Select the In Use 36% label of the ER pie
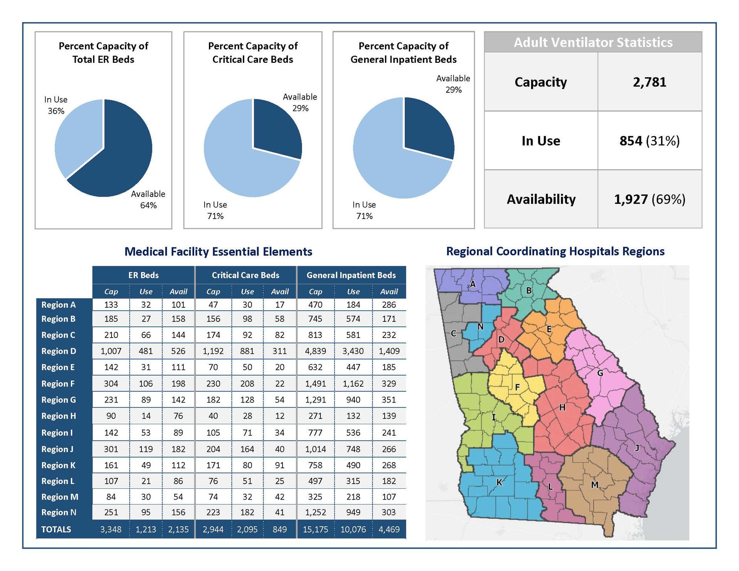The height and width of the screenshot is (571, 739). pos(56,105)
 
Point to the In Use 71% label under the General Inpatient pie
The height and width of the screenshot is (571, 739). pos(364,210)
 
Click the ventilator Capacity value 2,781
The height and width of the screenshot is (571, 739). pos(649,82)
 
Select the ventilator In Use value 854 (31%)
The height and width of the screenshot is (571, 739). pos(649,141)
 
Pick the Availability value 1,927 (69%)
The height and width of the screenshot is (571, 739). pos(649,199)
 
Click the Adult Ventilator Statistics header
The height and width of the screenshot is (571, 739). pos(593,42)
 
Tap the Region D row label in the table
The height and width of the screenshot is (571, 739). pos(59,351)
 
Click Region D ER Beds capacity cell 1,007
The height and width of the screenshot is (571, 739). pos(111,351)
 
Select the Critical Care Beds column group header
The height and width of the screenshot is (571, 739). pos(245,275)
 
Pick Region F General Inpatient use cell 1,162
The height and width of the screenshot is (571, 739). pos(353,383)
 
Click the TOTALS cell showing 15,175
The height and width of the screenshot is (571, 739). pos(315,529)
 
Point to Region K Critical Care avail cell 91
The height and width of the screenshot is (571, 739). pos(280,465)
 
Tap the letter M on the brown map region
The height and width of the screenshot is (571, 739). pos(595,485)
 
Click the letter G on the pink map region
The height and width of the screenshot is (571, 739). pos(600,373)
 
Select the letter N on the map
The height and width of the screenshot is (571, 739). pos(480,327)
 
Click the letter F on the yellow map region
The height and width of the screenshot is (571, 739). pos(517,387)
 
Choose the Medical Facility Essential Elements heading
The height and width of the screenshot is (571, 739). pos(218,251)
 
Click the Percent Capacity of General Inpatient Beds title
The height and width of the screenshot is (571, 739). pos(403,53)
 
